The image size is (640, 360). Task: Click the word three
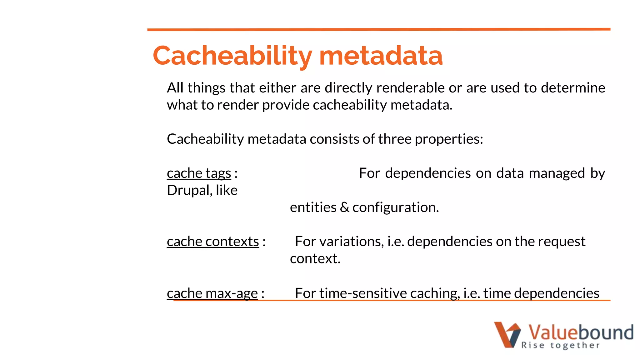click(395, 139)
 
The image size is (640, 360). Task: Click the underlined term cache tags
click(199, 173)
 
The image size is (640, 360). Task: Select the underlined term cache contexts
click(213, 242)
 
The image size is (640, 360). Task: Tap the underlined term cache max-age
click(212, 293)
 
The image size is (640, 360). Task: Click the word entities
click(313, 207)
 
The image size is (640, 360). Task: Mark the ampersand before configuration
click(344, 207)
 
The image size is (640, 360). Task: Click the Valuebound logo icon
click(507, 334)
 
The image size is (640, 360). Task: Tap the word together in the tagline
click(575, 345)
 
